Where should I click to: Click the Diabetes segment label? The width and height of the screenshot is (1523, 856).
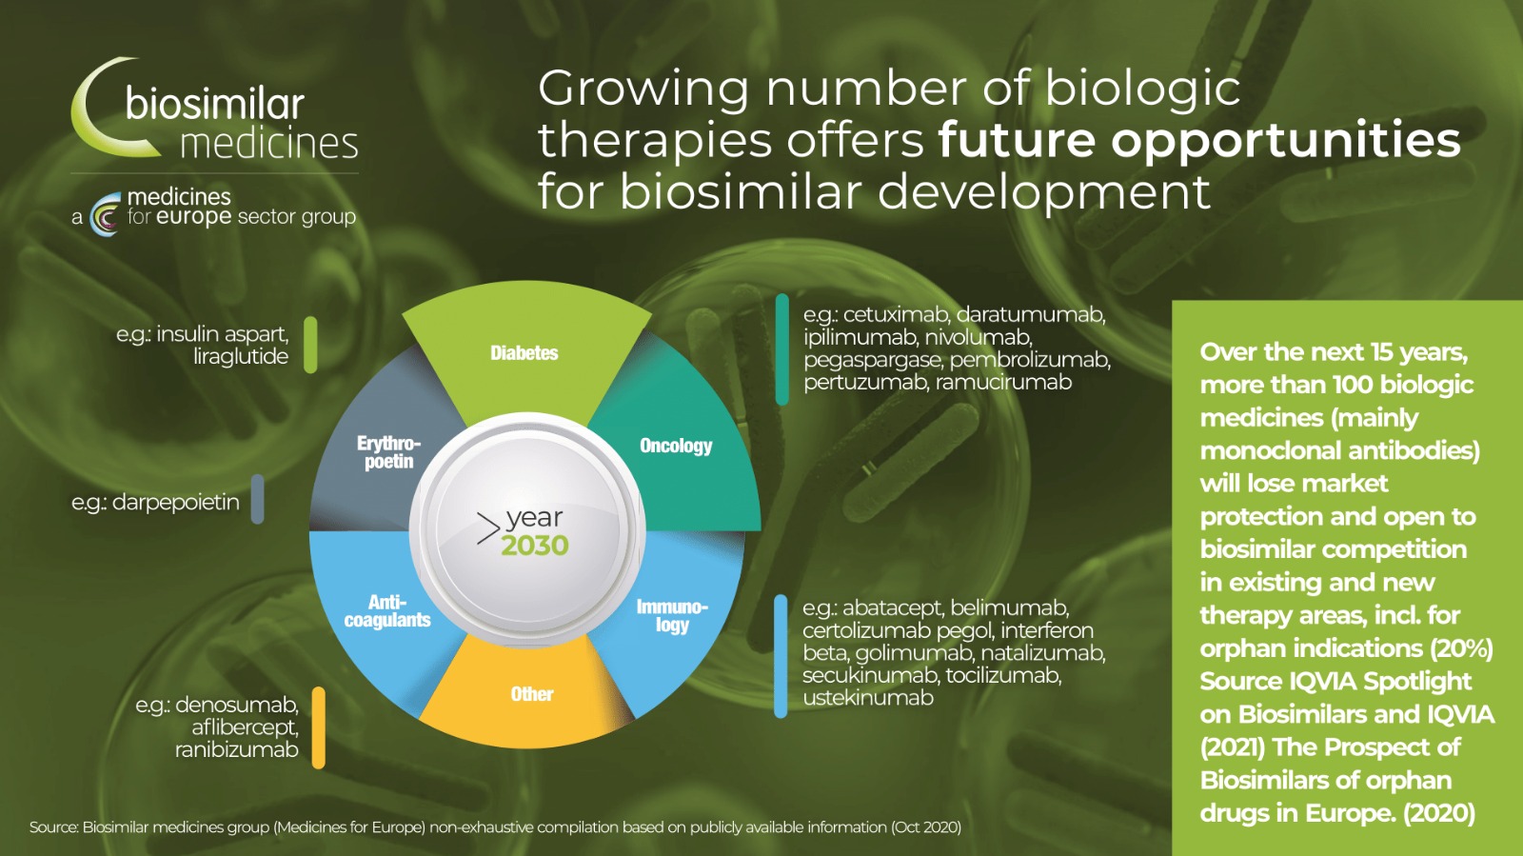pos(524,353)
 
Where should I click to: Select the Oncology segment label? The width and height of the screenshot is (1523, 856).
pos(676,446)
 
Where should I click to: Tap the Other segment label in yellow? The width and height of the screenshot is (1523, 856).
pos(532,694)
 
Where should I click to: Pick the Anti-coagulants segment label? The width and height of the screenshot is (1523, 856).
pos(387,610)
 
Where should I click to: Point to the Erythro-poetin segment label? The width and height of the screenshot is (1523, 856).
pos(389,452)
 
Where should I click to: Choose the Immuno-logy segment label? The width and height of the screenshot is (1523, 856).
pos(672,615)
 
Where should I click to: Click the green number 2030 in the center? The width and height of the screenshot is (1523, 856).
pos(535,546)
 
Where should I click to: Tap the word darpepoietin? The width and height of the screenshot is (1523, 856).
pos(176,503)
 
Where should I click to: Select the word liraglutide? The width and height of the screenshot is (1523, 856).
pos(241,356)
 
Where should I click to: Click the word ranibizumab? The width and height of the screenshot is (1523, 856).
pos(237,749)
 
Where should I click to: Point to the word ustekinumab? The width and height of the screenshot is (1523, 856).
pos(868,698)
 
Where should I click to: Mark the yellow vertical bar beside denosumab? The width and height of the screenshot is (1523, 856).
pos(318,727)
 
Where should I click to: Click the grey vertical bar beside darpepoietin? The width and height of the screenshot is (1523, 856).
pos(258,499)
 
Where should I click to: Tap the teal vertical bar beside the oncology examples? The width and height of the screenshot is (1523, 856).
pos(782,349)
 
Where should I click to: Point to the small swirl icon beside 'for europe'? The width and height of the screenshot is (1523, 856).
pos(106,213)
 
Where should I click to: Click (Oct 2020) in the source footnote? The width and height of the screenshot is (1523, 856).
pos(927,827)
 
